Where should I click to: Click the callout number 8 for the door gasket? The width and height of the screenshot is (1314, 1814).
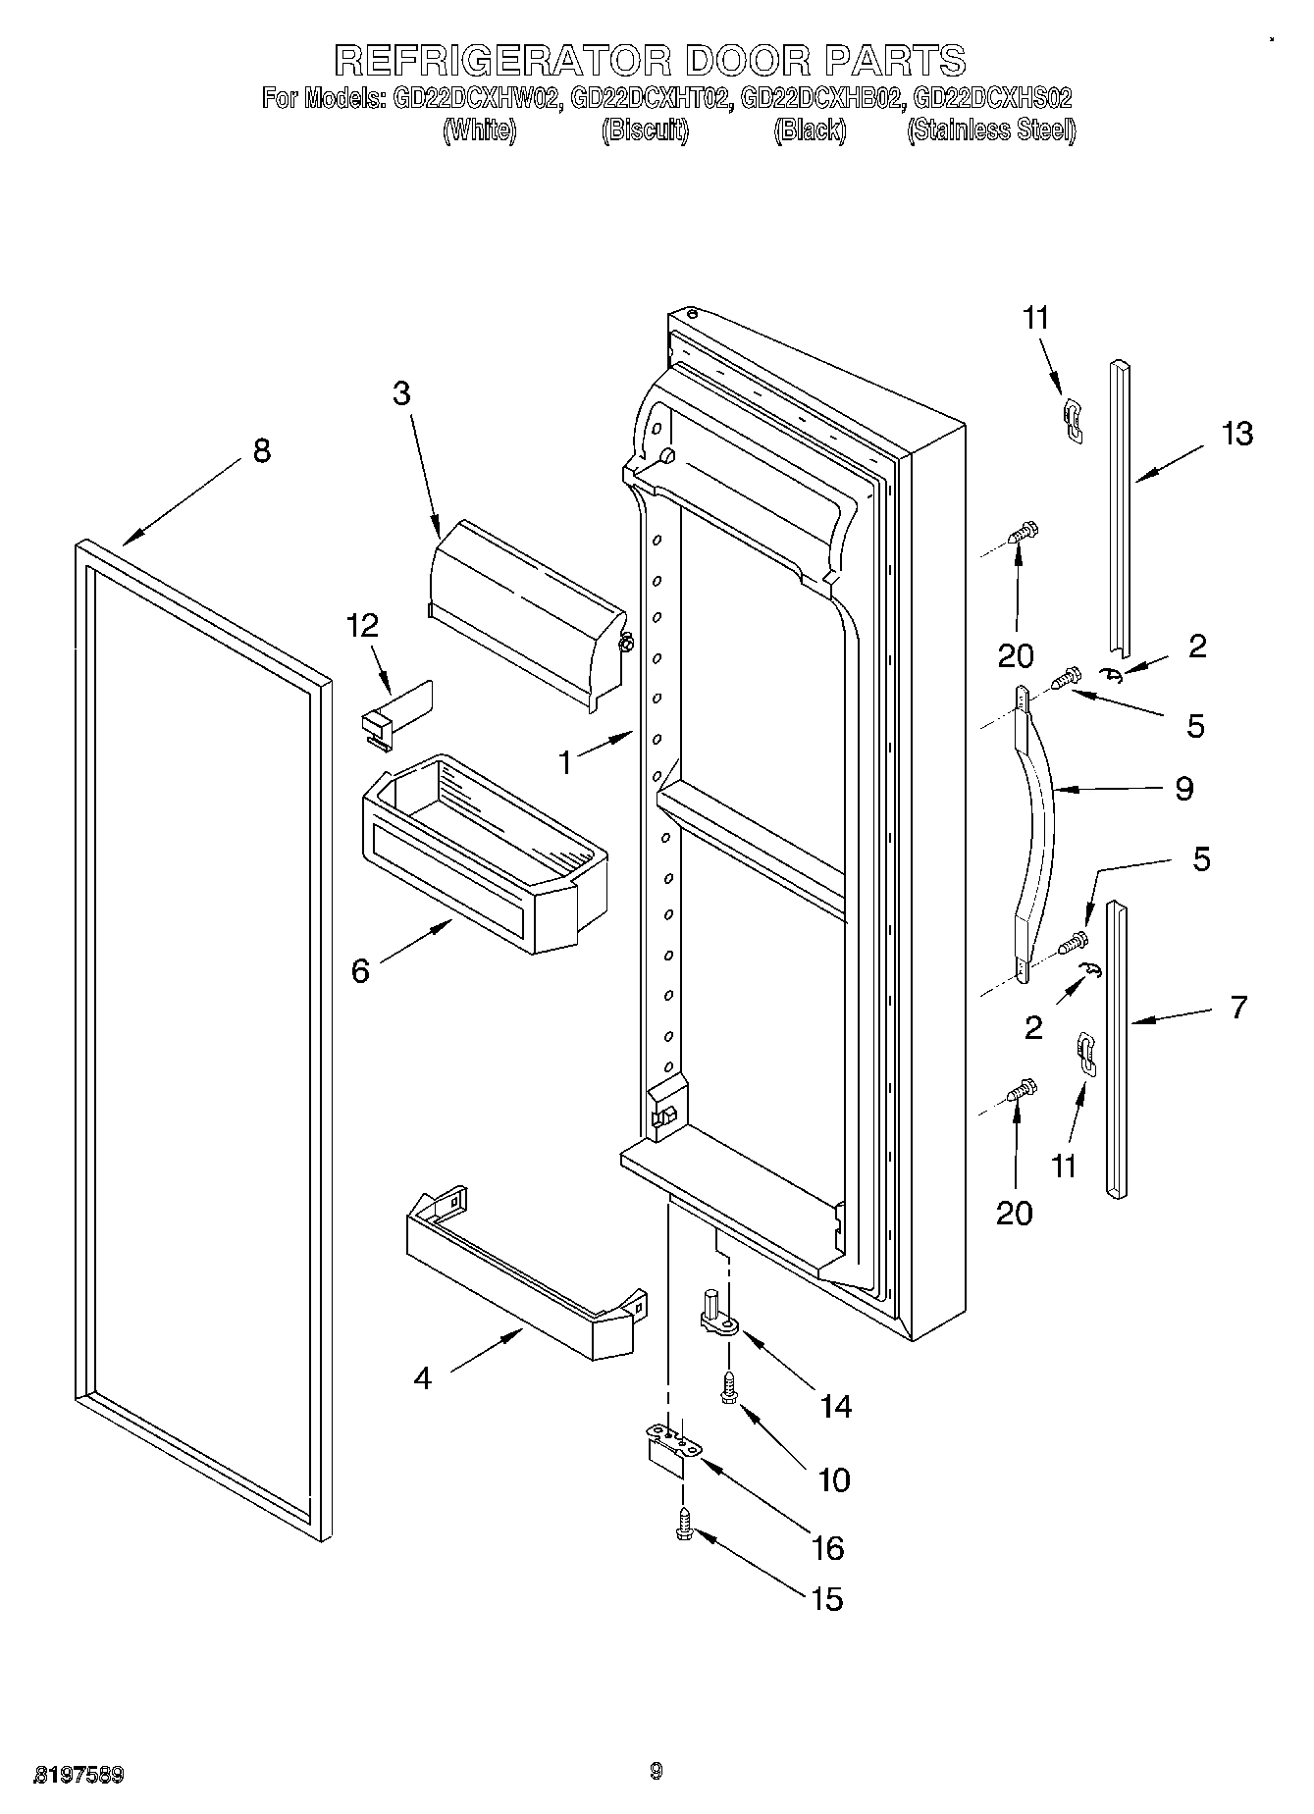coord(261,451)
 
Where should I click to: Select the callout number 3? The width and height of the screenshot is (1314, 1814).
coord(400,393)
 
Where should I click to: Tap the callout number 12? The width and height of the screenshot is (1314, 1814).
coord(362,626)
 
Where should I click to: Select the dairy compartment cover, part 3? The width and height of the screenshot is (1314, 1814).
coord(525,608)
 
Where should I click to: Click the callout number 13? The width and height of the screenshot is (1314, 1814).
coord(1236,433)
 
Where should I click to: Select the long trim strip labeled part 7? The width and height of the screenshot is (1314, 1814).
coord(1117,1050)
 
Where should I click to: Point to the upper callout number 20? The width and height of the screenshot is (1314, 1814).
coord(1015,655)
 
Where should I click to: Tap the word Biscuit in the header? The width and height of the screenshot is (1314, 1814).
coord(645,130)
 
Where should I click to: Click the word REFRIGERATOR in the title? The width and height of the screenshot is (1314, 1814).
coord(502,61)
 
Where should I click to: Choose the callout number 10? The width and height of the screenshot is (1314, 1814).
coord(833,1479)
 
